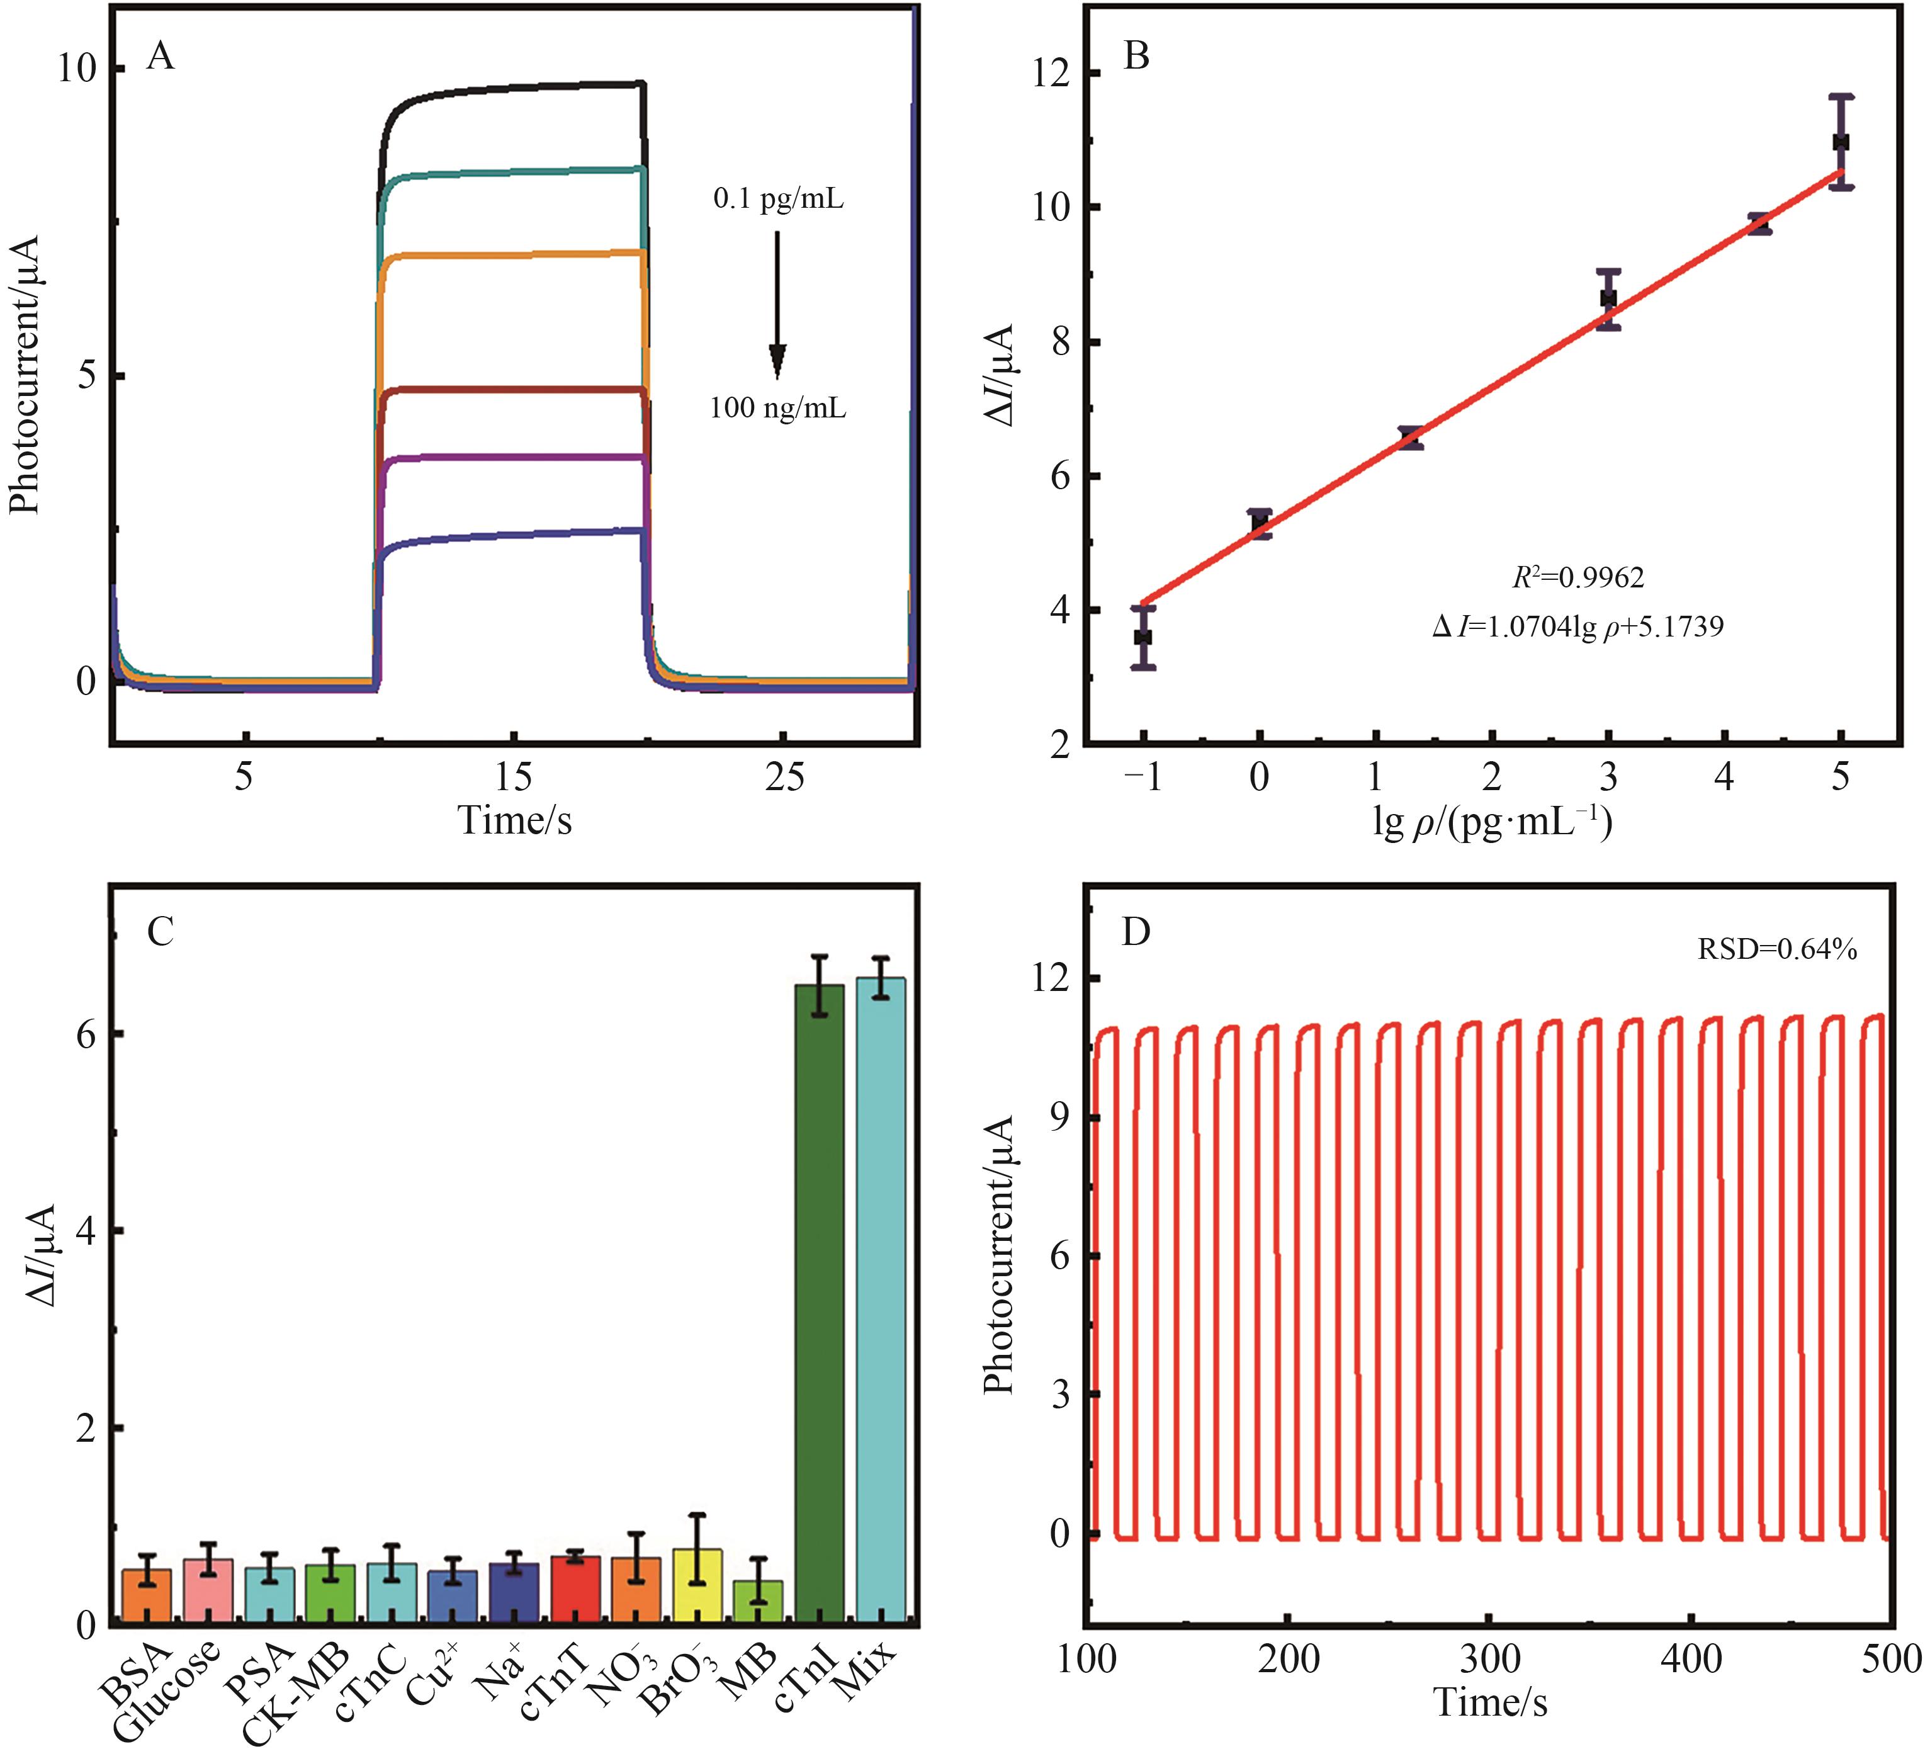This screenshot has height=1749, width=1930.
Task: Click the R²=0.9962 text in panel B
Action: [1577, 577]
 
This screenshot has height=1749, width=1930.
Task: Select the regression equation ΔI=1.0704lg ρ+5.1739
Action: [1577, 627]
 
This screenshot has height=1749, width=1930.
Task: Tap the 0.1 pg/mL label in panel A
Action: [778, 199]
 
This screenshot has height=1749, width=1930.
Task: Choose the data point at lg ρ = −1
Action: [1142, 637]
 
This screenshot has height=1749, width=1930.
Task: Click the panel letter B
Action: [1136, 57]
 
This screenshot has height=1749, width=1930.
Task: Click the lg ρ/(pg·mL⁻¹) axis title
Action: [1491, 822]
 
